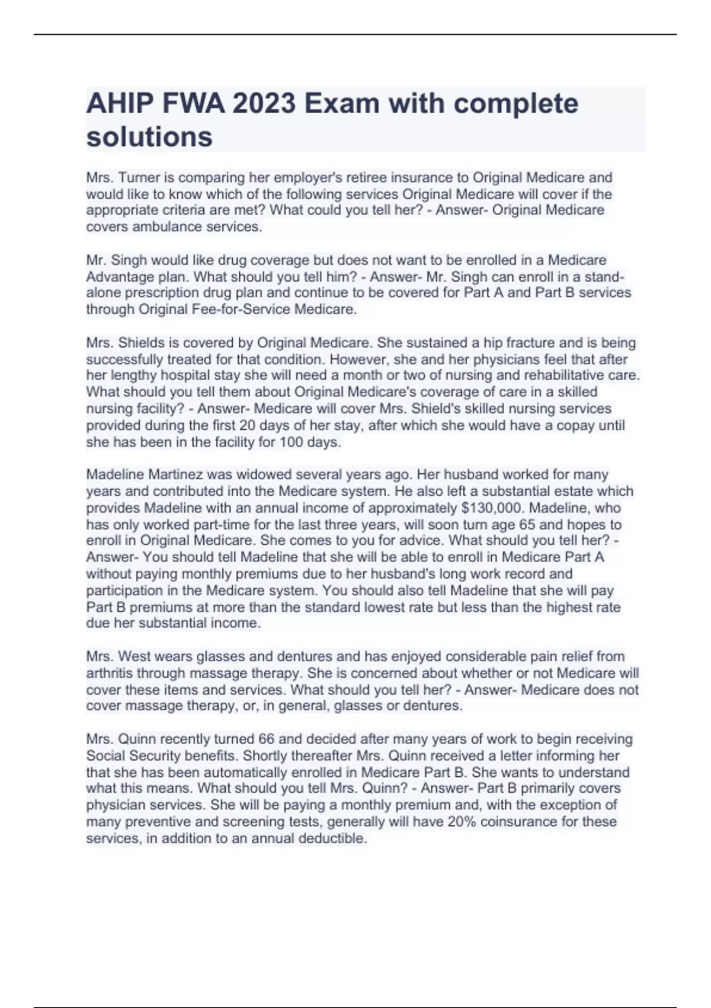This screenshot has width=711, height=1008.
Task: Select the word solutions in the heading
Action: pyautogui.click(x=149, y=137)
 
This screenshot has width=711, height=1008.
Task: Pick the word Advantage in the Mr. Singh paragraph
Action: pyautogui.click(x=115, y=276)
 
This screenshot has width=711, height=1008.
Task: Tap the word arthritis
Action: pyautogui.click(x=113, y=673)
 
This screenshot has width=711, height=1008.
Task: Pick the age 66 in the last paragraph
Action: pyautogui.click(x=266, y=739)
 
